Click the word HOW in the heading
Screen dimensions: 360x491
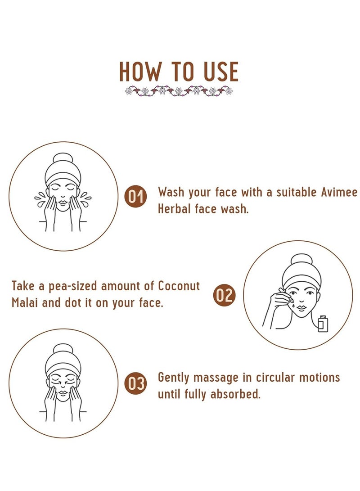pos(139,72)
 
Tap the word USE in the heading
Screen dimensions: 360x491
pos(221,72)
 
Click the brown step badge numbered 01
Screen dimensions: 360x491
pos(136,197)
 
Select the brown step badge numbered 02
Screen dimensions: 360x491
pos(224,295)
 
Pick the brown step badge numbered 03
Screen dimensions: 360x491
pos(136,383)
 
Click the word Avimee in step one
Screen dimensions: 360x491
pos(339,192)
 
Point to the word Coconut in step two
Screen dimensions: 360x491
pos(179,286)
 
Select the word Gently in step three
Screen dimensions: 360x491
pos(173,378)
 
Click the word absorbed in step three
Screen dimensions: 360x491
pos(235,394)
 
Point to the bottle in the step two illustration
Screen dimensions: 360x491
pos(323,324)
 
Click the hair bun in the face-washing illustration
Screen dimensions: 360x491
pos(63,159)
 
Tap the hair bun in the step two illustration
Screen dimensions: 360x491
pos(301,260)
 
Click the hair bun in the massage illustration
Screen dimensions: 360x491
pos(63,350)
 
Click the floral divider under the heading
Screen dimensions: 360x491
pos(179,91)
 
